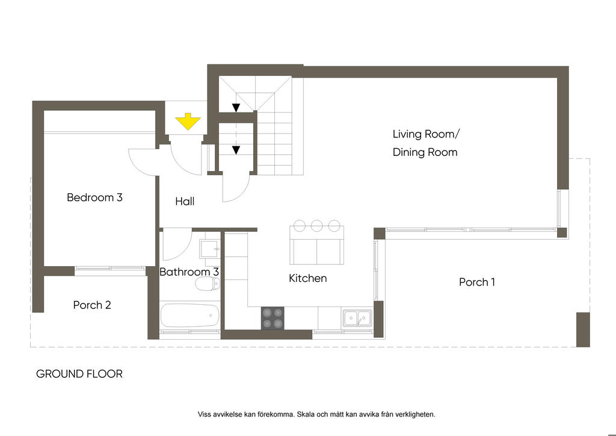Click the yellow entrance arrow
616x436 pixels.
pos(188,122)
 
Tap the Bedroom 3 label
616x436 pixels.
pos(94,198)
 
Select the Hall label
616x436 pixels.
pos(185,201)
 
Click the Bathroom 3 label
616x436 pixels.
pos(189,272)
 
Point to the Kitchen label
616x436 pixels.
pos(307,278)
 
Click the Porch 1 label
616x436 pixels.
pos(477,282)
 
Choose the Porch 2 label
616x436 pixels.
pos(92,305)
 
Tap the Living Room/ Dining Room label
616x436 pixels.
pos(425,143)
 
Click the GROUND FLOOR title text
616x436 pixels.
pos(79,373)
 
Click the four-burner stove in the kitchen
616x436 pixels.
pos(273,318)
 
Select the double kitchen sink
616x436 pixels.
pos(357,318)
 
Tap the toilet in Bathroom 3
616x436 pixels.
pos(208,284)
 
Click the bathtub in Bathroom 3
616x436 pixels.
pos(189,316)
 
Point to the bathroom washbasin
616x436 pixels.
pos(210,249)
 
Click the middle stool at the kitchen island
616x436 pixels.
pos(316,226)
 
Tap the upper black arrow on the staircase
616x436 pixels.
pos(236,107)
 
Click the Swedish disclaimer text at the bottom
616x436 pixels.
pos(316,414)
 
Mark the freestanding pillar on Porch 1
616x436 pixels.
pos(583,329)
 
